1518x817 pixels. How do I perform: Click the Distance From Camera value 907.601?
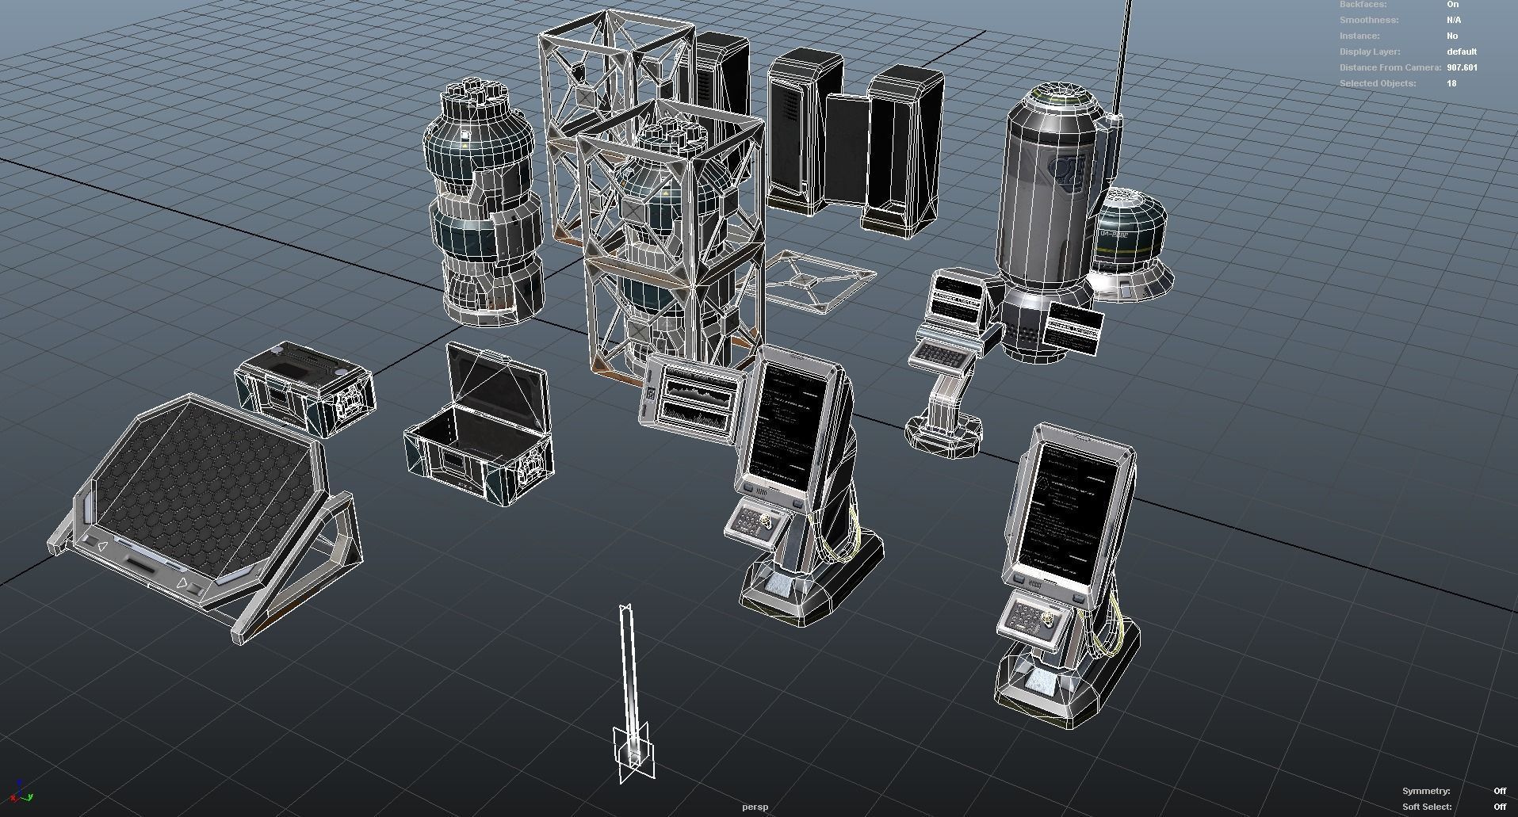pyautogui.click(x=1462, y=67)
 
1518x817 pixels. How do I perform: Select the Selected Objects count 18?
pyautogui.click(x=1451, y=83)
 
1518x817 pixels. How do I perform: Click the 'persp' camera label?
pyautogui.click(x=755, y=807)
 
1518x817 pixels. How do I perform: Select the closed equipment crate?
pyautogui.click(x=305, y=388)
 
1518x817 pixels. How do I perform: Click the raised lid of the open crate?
pyautogui.click(x=495, y=384)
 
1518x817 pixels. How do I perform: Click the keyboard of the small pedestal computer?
pyautogui.click(x=940, y=357)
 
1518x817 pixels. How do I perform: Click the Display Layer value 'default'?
pyautogui.click(x=1461, y=52)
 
